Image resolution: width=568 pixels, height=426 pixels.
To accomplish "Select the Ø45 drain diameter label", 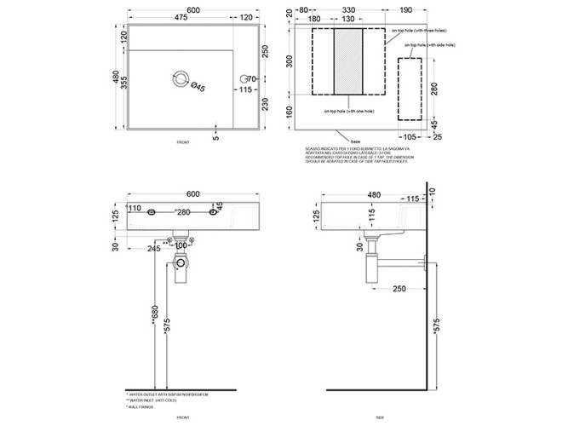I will (195, 87).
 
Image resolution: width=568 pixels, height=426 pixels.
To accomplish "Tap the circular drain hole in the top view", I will (180, 77).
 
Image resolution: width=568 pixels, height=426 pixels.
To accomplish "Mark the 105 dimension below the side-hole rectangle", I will (409, 135).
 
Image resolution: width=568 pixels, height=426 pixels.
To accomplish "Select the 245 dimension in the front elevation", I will (153, 250).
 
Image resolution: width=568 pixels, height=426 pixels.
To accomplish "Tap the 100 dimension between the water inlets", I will (180, 245).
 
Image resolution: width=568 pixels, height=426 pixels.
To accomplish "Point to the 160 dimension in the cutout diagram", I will (290, 111).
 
